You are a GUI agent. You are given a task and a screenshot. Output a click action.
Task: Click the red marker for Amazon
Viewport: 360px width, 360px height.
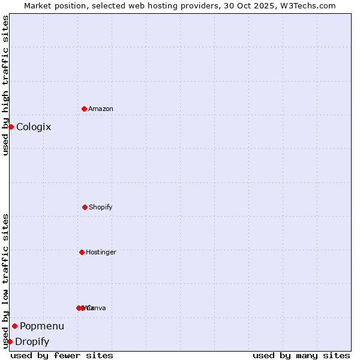84,109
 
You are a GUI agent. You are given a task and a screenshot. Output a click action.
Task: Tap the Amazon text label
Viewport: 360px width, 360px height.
101,109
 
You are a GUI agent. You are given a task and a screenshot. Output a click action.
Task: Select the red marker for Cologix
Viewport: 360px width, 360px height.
11,127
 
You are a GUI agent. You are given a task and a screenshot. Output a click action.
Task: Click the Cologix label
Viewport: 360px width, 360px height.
34,127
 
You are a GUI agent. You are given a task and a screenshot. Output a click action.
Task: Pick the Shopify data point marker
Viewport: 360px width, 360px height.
85,207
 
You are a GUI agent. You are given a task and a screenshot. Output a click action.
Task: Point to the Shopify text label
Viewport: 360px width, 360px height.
101,208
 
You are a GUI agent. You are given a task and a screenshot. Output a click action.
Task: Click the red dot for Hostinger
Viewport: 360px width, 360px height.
82,252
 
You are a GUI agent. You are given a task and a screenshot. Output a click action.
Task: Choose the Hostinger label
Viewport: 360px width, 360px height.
101,253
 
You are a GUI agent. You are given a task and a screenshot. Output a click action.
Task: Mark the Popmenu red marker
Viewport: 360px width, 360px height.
14,326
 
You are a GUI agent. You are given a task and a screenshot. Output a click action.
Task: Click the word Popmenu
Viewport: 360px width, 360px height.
42,326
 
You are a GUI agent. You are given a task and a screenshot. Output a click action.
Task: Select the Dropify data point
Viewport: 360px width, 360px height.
10,341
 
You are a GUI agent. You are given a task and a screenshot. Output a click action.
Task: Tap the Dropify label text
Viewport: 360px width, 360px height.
32,342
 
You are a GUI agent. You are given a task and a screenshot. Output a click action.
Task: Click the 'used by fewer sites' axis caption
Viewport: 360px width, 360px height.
62,356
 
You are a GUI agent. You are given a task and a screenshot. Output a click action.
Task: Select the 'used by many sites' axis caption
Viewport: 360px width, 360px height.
301,356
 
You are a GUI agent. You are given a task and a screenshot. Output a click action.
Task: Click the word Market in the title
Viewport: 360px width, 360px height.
38,6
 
